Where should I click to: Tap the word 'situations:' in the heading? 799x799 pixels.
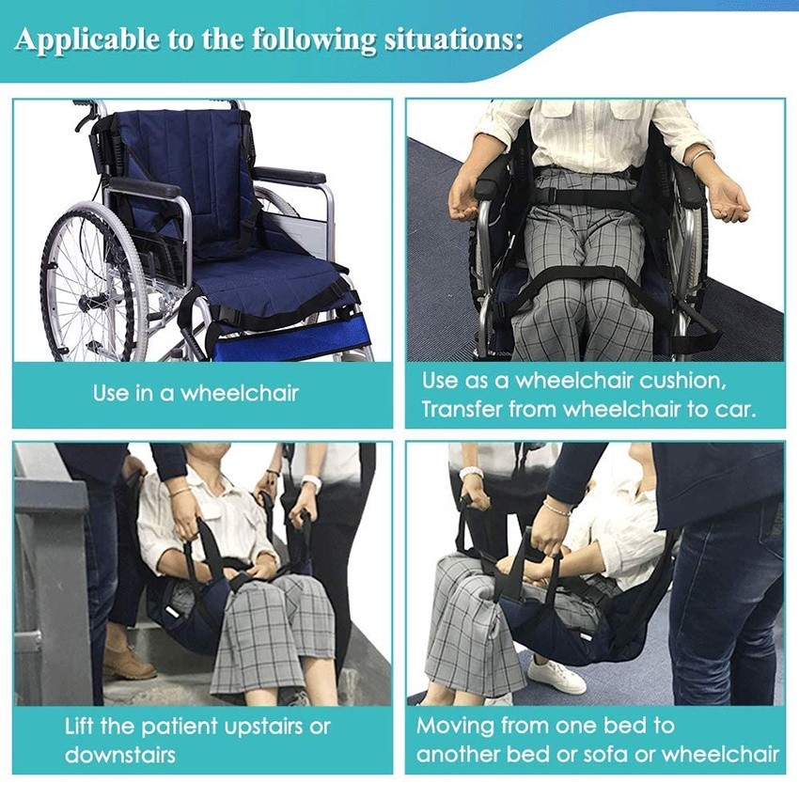point(453,39)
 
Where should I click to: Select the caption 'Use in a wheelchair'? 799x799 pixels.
point(196,393)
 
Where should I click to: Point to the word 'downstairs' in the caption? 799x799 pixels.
point(119,755)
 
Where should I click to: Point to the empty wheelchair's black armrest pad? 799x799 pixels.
point(145,186)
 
